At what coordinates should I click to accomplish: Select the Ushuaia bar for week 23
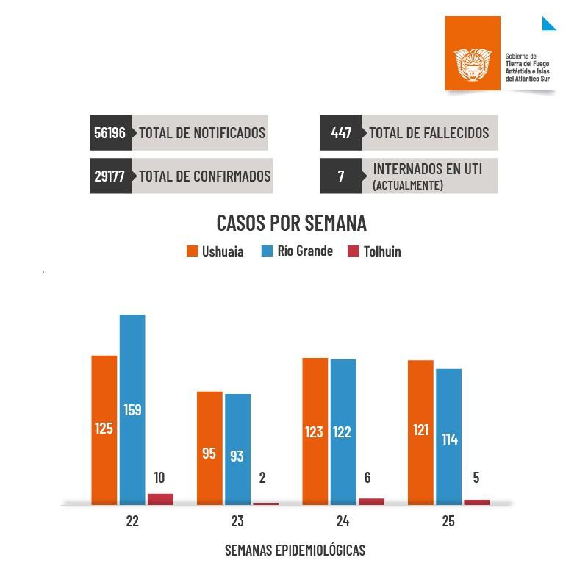pos(209,448)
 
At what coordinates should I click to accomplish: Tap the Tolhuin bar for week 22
pos(160,499)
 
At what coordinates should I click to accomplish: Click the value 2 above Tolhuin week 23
pos(262,478)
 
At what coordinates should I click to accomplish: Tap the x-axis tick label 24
pos(343,522)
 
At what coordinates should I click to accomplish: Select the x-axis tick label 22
pos(132,522)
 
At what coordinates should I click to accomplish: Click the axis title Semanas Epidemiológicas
pos(295,551)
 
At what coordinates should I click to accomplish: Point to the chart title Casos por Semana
pos(291,223)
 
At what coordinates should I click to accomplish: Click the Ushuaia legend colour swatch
pos(192,251)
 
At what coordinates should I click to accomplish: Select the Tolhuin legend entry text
pos(381,251)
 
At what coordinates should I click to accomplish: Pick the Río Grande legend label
pos(305,251)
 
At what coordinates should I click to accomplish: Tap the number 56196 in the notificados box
pos(110,133)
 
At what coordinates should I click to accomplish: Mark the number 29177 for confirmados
pos(110,176)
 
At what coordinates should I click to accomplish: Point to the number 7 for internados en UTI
pos(341,176)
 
